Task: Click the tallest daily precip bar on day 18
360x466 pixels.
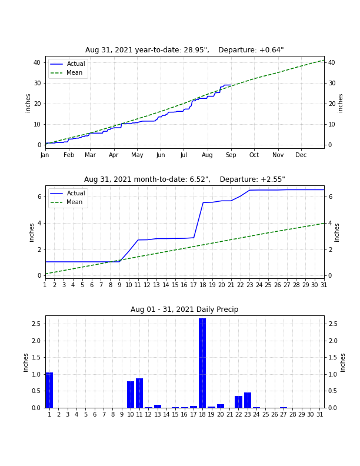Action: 202,363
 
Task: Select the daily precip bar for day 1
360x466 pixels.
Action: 49,390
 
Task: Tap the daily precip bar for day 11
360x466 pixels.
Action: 139,393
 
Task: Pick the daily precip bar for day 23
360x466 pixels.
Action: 248,400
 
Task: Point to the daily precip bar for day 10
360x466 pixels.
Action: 131,394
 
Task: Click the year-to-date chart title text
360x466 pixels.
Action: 185,50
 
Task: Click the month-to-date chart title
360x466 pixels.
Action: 185,179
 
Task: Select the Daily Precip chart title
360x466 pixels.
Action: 185,309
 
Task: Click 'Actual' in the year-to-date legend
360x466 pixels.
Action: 76,64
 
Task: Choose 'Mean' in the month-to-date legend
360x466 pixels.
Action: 74,202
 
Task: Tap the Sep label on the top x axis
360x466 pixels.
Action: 231,155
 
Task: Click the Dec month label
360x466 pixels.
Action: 301,155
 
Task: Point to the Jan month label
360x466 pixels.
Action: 45,155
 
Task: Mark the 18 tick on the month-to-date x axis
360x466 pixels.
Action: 203,285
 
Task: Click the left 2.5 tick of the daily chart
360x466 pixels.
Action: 36,324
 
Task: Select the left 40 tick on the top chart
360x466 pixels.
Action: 37,62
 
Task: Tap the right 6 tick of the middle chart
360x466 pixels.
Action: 330,197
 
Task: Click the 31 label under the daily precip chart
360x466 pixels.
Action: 319,414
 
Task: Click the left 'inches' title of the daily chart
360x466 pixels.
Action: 25,362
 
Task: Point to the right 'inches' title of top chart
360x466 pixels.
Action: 341,103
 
